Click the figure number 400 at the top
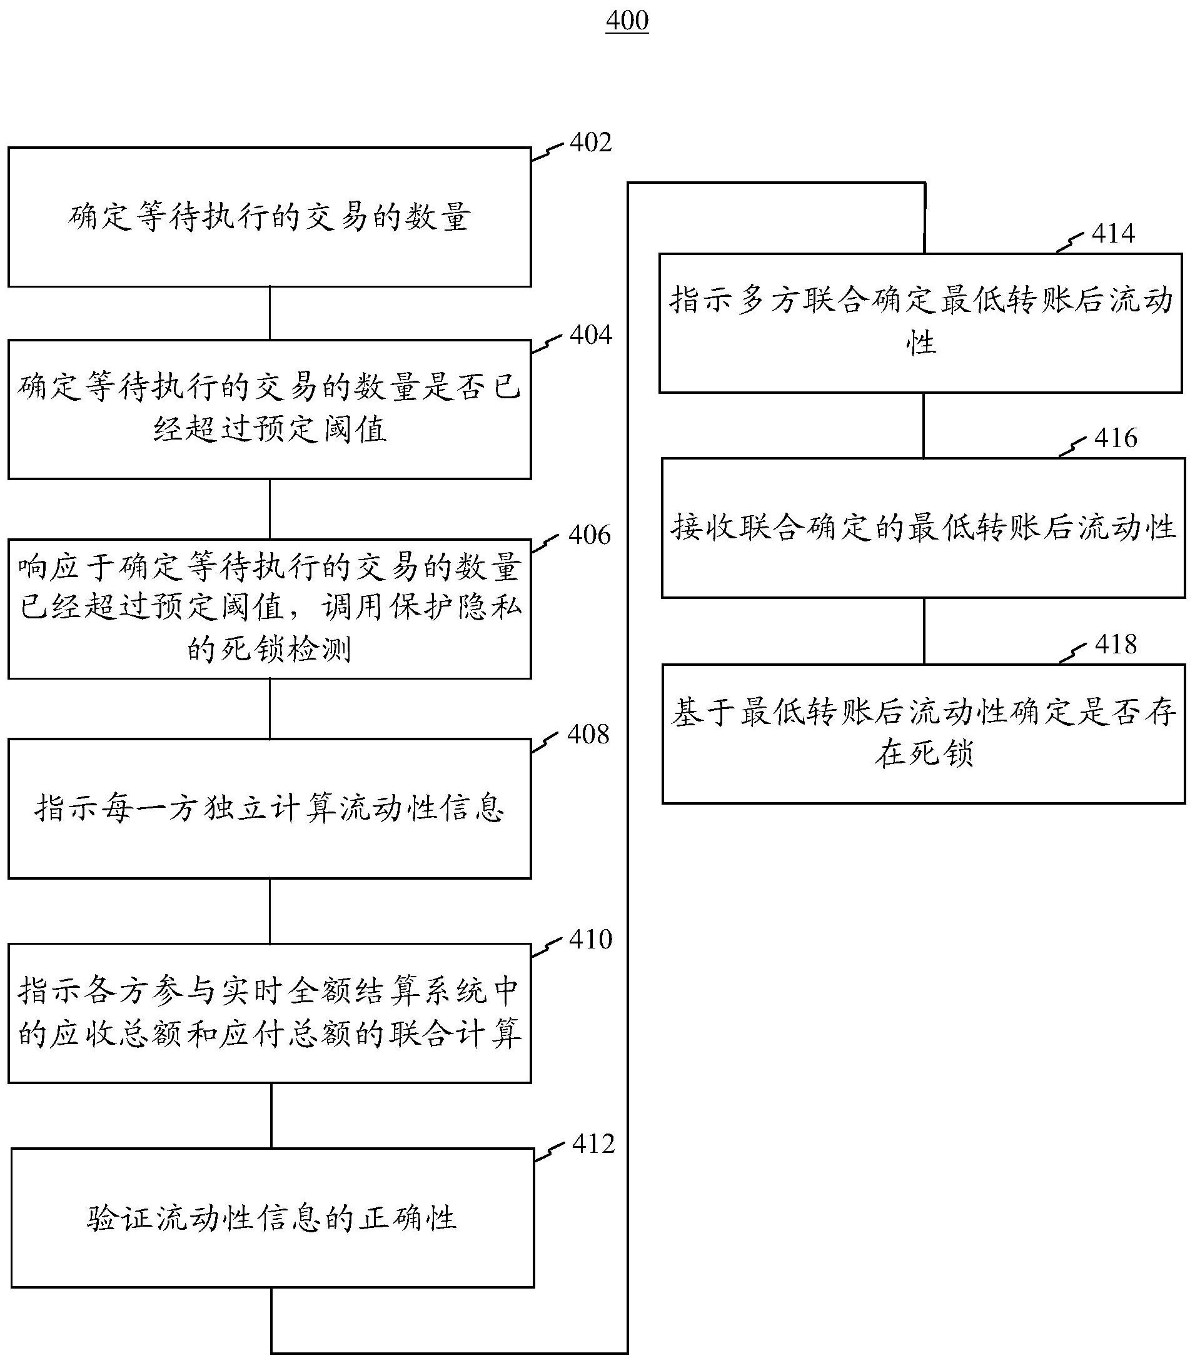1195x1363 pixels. (x=627, y=21)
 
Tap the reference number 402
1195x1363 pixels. (x=591, y=143)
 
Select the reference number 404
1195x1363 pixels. (x=591, y=334)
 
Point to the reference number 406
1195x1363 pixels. (x=590, y=535)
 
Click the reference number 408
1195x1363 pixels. (x=588, y=734)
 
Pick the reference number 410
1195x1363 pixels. (x=591, y=940)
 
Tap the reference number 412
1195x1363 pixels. (x=593, y=1144)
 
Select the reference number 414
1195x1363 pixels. (x=1114, y=234)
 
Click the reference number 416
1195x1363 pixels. (x=1116, y=439)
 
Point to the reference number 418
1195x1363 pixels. (x=1116, y=645)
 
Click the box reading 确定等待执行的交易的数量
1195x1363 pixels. (x=270, y=218)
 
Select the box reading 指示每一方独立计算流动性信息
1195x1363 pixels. (x=270, y=808)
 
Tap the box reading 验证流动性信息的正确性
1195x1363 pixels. (x=273, y=1217)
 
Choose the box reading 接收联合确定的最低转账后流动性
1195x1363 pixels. (x=924, y=528)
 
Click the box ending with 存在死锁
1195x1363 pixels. (x=924, y=733)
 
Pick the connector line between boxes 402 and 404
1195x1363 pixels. (x=270, y=313)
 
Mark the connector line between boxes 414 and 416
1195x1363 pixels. (x=924, y=425)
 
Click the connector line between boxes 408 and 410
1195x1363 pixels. (x=270, y=911)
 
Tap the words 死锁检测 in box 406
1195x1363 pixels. (x=286, y=649)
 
